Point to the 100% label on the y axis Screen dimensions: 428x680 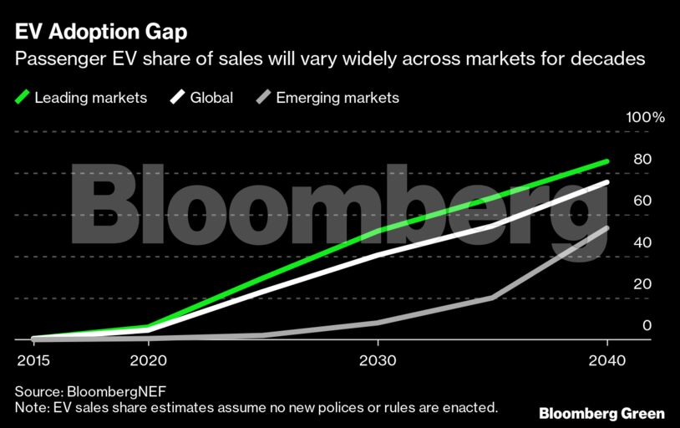[645, 118]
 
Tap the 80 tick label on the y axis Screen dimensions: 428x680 [642, 159]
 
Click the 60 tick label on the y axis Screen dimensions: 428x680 [642, 201]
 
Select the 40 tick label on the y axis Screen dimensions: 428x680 [642, 242]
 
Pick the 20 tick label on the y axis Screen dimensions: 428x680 [642, 284]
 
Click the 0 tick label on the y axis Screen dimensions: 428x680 [646, 325]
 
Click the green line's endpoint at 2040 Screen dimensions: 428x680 [607, 161]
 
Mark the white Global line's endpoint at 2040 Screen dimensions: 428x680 [607, 182]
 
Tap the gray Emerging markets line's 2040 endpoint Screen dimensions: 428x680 [607, 228]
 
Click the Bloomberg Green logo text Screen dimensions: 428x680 [601, 413]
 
